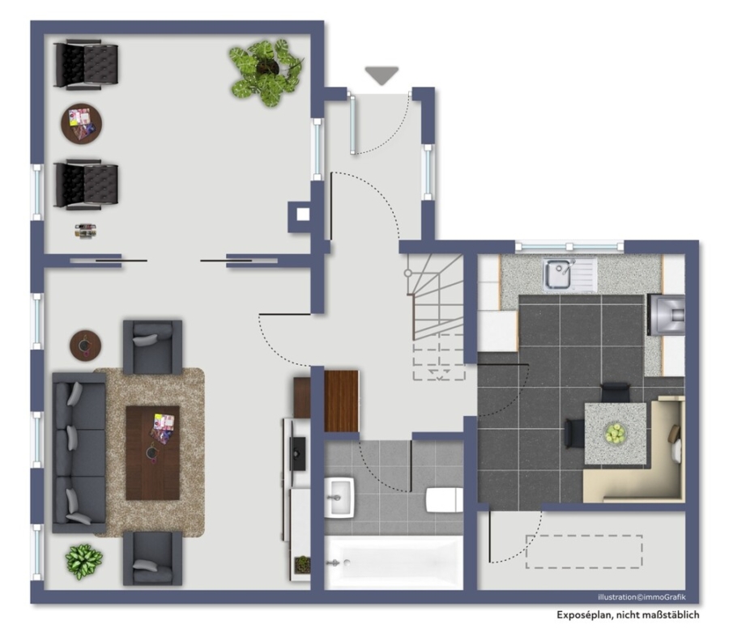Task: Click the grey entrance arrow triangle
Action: (x=382, y=74)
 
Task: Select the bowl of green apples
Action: (x=616, y=434)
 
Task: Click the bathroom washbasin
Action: (x=340, y=497)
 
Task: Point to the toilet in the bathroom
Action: (x=445, y=500)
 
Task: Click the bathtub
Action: (x=394, y=562)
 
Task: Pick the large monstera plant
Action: (x=266, y=71)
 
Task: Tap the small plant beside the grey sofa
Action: (x=83, y=562)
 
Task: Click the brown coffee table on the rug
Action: (x=153, y=453)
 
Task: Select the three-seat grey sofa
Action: (x=79, y=452)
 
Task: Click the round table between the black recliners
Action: (x=81, y=124)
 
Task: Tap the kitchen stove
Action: (x=667, y=315)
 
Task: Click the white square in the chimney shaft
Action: (x=303, y=214)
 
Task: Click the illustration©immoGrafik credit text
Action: (x=642, y=597)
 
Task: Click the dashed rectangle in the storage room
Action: (x=584, y=551)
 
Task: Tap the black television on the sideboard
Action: (x=297, y=454)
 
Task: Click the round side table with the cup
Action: (x=86, y=345)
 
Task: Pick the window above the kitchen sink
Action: (x=569, y=247)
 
